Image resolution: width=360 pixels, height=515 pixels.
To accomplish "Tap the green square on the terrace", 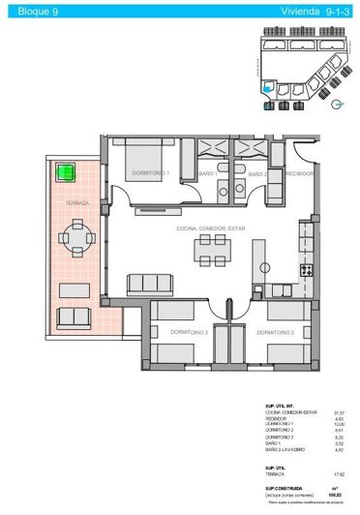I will pos(66,173).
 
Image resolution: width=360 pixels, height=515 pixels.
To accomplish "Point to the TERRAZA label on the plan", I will pos(77,204).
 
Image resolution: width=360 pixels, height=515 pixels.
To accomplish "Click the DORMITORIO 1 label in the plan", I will pos(151,173).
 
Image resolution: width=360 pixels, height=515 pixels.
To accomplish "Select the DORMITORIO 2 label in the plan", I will pos(277,332).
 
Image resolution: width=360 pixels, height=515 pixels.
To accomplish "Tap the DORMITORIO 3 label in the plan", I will pos(190,332).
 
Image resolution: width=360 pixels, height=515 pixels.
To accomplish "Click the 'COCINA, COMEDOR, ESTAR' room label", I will pos(212,227).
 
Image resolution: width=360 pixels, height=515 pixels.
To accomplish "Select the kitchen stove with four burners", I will pos(307,270).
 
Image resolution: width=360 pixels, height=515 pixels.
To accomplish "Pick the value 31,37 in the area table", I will pos(339,411).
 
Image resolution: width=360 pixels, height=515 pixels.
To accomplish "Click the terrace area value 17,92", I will pos(339,473).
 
